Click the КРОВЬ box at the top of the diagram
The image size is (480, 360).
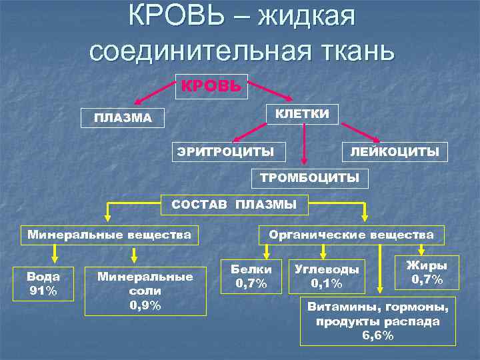point(211,87)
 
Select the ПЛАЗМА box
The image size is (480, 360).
point(123,119)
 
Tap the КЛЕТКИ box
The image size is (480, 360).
point(302,113)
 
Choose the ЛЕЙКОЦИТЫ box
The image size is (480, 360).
point(395,152)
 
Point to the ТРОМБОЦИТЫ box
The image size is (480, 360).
point(309,178)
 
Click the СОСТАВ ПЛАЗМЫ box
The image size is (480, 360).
point(235,205)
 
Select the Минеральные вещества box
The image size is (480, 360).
point(109,235)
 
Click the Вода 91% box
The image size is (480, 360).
point(43,283)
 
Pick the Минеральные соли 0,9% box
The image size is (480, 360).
point(145,291)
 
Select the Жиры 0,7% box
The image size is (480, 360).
point(427,272)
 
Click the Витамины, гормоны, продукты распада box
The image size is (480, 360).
point(378,321)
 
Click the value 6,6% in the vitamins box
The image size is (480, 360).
point(378,335)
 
